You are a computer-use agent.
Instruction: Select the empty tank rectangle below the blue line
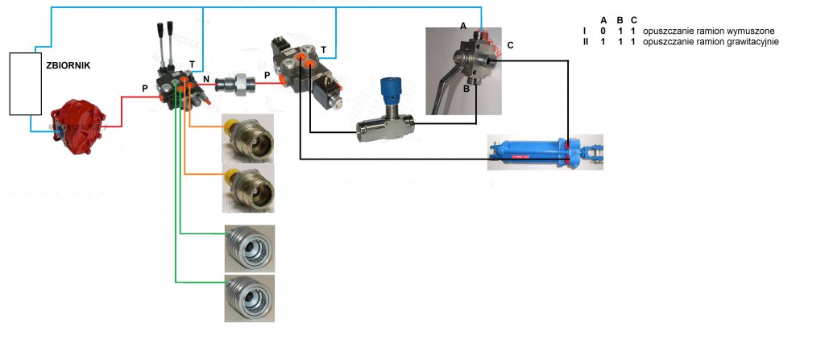coord(25,84)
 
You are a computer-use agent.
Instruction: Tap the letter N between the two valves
coord(206,79)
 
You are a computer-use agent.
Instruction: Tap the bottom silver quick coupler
coord(249,297)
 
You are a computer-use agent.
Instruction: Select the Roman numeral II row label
coord(586,40)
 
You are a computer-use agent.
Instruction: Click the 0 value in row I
coord(603,30)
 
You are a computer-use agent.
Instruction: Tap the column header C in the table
coord(634,19)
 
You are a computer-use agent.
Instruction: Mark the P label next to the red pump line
coord(145,89)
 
